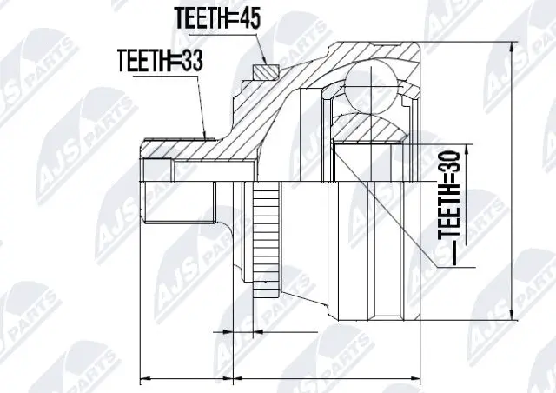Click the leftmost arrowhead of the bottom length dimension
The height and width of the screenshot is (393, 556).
tap(145, 378)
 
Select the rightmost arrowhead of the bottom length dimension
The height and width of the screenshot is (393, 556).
tap(420, 378)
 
